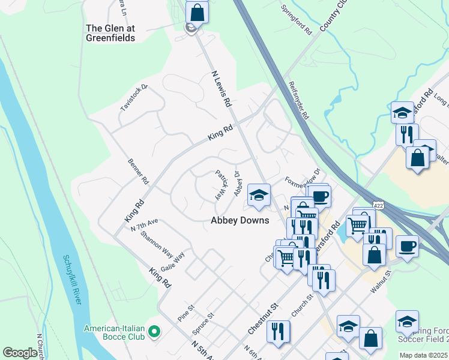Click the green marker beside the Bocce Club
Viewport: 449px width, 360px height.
[x=154, y=331]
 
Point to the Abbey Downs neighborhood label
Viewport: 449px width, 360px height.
[x=240, y=220]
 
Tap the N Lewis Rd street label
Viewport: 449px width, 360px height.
[x=221, y=89]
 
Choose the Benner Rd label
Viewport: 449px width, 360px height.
[x=137, y=171]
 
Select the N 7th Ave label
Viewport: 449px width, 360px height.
[x=144, y=225]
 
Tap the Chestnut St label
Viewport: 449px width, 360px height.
[x=263, y=319]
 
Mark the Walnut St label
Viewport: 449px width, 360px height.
[x=381, y=281]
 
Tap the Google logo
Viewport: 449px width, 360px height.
[x=20, y=353]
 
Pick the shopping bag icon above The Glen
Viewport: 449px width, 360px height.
[x=197, y=11]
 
